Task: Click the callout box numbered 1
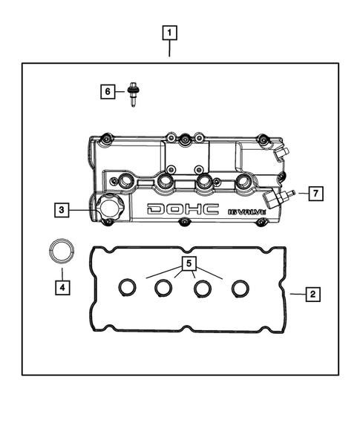coord(171,33)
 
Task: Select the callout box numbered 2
coord(314,295)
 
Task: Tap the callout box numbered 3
coord(63,210)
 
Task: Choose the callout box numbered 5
coord(189,263)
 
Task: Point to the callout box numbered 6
coord(109,91)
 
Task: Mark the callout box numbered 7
coord(314,194)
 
